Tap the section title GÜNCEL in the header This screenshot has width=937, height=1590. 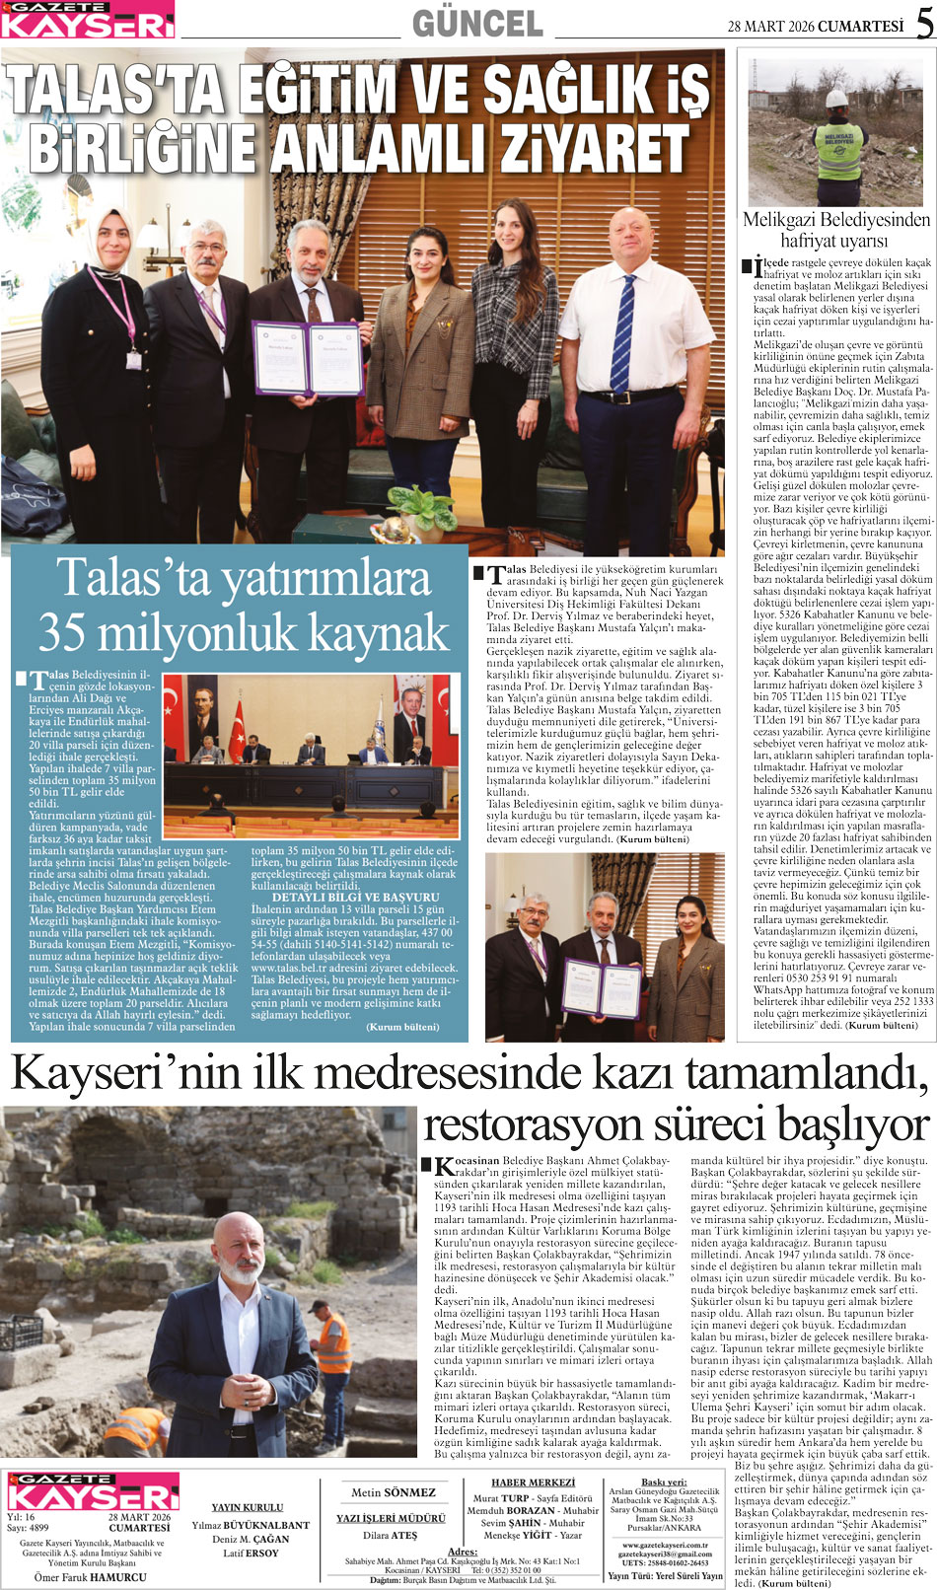point(477,24)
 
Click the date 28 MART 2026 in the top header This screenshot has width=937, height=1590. point(771,27)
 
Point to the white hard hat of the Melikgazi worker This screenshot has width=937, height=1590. point(836,98)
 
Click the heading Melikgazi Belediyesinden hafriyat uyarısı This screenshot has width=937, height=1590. point(835,230)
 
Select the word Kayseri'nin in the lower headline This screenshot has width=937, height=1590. point(125,1073)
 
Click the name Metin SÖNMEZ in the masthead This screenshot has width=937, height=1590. point(393,1492)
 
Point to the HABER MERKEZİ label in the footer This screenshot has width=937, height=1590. point(533,1482)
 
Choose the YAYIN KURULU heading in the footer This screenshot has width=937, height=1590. point(247,1507)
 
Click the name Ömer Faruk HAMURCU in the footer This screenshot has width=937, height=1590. point(91,1576)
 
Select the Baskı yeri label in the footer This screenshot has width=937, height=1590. point(664,1482)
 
